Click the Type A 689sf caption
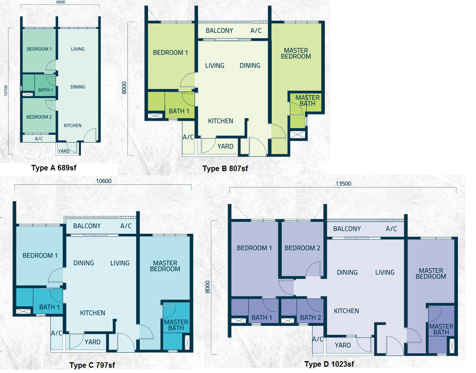click(x=54, y=168)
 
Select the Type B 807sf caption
click(x=225, y=169)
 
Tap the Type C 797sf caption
click(x=92, y=365)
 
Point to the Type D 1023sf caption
click(x=329, y=364)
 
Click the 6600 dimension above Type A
click(x=61, y=2)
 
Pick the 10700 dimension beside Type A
click(x=6, y=91)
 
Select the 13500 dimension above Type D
click(x=344, y=184)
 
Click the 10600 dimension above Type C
click(x=103, y=181)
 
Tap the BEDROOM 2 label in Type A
click(x=39, y=117)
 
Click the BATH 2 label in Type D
click(x=310, y=317)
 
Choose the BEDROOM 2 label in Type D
click(x=302, y=248)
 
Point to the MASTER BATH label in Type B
click(x=307, y=100)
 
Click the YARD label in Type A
click(x=64, y=151)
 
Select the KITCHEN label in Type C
click(x=92, y=313)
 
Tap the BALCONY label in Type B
click(x=219, y=30)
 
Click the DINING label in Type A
click(x=78, y=87)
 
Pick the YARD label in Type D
click(x=343, y=345)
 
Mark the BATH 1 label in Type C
click(x=50, y=307)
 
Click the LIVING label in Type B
click(x=215, y=66)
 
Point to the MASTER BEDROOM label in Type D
click(x=431, y=273)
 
